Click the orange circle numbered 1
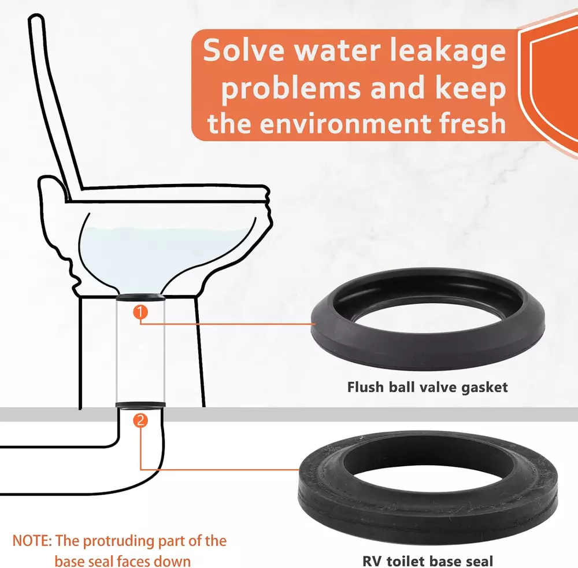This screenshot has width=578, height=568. point(140,312)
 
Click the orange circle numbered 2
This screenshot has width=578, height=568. point(140,421)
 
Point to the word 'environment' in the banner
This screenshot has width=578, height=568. point(346,124)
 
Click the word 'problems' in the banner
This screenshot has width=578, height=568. point(291,88)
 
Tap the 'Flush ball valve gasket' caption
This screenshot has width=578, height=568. point(427,388)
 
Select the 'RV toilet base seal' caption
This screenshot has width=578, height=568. point(428,561)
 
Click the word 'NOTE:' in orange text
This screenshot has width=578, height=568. point(32,541)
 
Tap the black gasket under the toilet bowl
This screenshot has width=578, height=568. point(140,297)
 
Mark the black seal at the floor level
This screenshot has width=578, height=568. point(140,405)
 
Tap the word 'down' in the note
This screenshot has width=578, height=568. point(172,562)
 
